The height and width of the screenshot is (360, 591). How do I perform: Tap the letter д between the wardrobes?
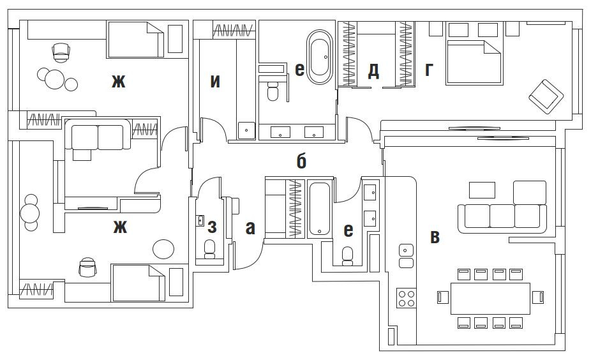click(x=373, y=71)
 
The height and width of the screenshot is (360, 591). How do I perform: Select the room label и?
click(x=216, y=81)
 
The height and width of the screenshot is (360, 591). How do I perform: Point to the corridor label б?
click(x=301, y=161)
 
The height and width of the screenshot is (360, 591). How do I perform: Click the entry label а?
click(x=250, y=227)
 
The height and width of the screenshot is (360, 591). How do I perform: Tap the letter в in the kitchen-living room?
click(x=435, y=237)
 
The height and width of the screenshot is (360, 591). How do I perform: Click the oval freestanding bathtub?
click(x=320, y=57)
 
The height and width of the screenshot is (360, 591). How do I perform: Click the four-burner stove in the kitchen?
click(x=407, y=298)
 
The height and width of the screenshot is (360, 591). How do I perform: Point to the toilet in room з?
click(x=209, y=249)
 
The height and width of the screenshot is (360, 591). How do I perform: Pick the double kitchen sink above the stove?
click(x=406, y=256)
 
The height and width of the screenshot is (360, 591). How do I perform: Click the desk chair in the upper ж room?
click(x=61, y=51)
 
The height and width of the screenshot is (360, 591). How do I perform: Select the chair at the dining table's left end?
click(x=440, y=297)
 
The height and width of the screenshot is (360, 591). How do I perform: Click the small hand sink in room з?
click(x=200, y=221)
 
